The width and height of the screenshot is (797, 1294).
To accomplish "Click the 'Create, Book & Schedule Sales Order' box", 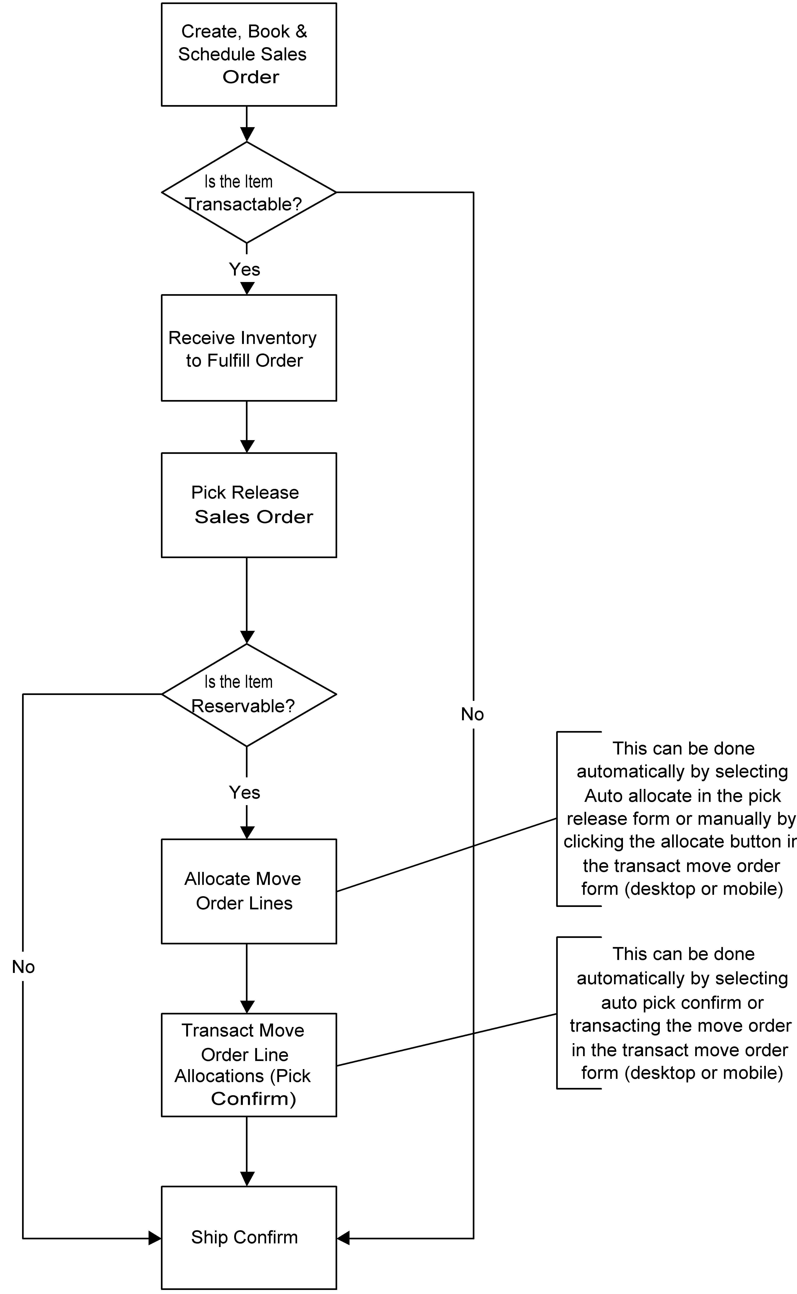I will coord(249,54).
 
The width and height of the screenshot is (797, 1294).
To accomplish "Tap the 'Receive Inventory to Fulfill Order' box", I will coord(249,348).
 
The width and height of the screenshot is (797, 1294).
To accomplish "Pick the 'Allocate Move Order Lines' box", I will coord(249,891).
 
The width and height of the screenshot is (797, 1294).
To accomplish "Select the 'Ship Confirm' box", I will coord(249,1237).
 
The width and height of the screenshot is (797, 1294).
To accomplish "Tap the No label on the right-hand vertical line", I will coord(472,714).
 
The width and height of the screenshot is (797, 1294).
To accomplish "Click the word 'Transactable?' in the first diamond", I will coord(243,204).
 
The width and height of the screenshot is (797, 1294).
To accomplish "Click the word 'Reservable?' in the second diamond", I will coord(243,706).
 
